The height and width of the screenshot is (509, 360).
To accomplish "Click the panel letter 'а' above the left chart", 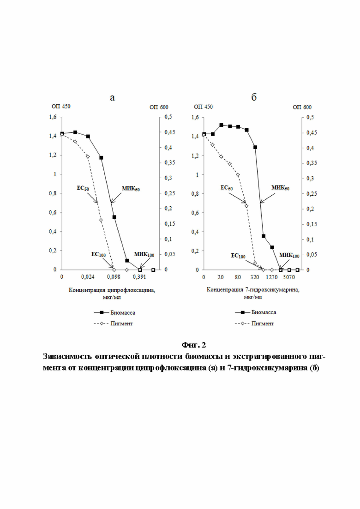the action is coord(112,98).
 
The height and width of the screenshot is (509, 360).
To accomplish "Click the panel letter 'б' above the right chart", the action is coord(254,97).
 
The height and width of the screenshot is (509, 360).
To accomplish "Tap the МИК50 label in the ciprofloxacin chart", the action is coord(131,188).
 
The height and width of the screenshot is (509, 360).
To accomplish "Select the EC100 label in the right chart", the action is coord(238,256).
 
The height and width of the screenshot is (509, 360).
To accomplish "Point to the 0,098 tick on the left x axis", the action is coord(114,277).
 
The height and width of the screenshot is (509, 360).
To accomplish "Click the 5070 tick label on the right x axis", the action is coord(289,277).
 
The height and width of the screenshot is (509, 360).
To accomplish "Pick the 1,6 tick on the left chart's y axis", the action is coord(53,117).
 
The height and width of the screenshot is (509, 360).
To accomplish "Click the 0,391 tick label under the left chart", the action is coord(140,277).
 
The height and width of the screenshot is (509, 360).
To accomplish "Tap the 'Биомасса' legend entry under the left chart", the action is coord(123,312).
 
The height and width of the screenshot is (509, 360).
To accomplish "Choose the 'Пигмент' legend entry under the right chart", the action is coord(263,323).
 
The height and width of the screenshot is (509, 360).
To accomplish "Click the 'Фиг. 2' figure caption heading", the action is coord(194,344).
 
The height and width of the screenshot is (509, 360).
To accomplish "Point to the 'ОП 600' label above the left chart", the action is coord(159,107).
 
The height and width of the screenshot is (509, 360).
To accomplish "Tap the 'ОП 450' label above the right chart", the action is coord(203,107).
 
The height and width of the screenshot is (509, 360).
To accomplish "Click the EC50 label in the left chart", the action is coord(83,188).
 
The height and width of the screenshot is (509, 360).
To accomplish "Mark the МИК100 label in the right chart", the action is coord(289,256).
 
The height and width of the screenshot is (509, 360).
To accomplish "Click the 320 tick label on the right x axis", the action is coord(255,277).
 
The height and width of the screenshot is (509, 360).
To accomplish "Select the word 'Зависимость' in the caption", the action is coord(67,356).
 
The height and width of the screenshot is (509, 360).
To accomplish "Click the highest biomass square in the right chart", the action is coord(222,125).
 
